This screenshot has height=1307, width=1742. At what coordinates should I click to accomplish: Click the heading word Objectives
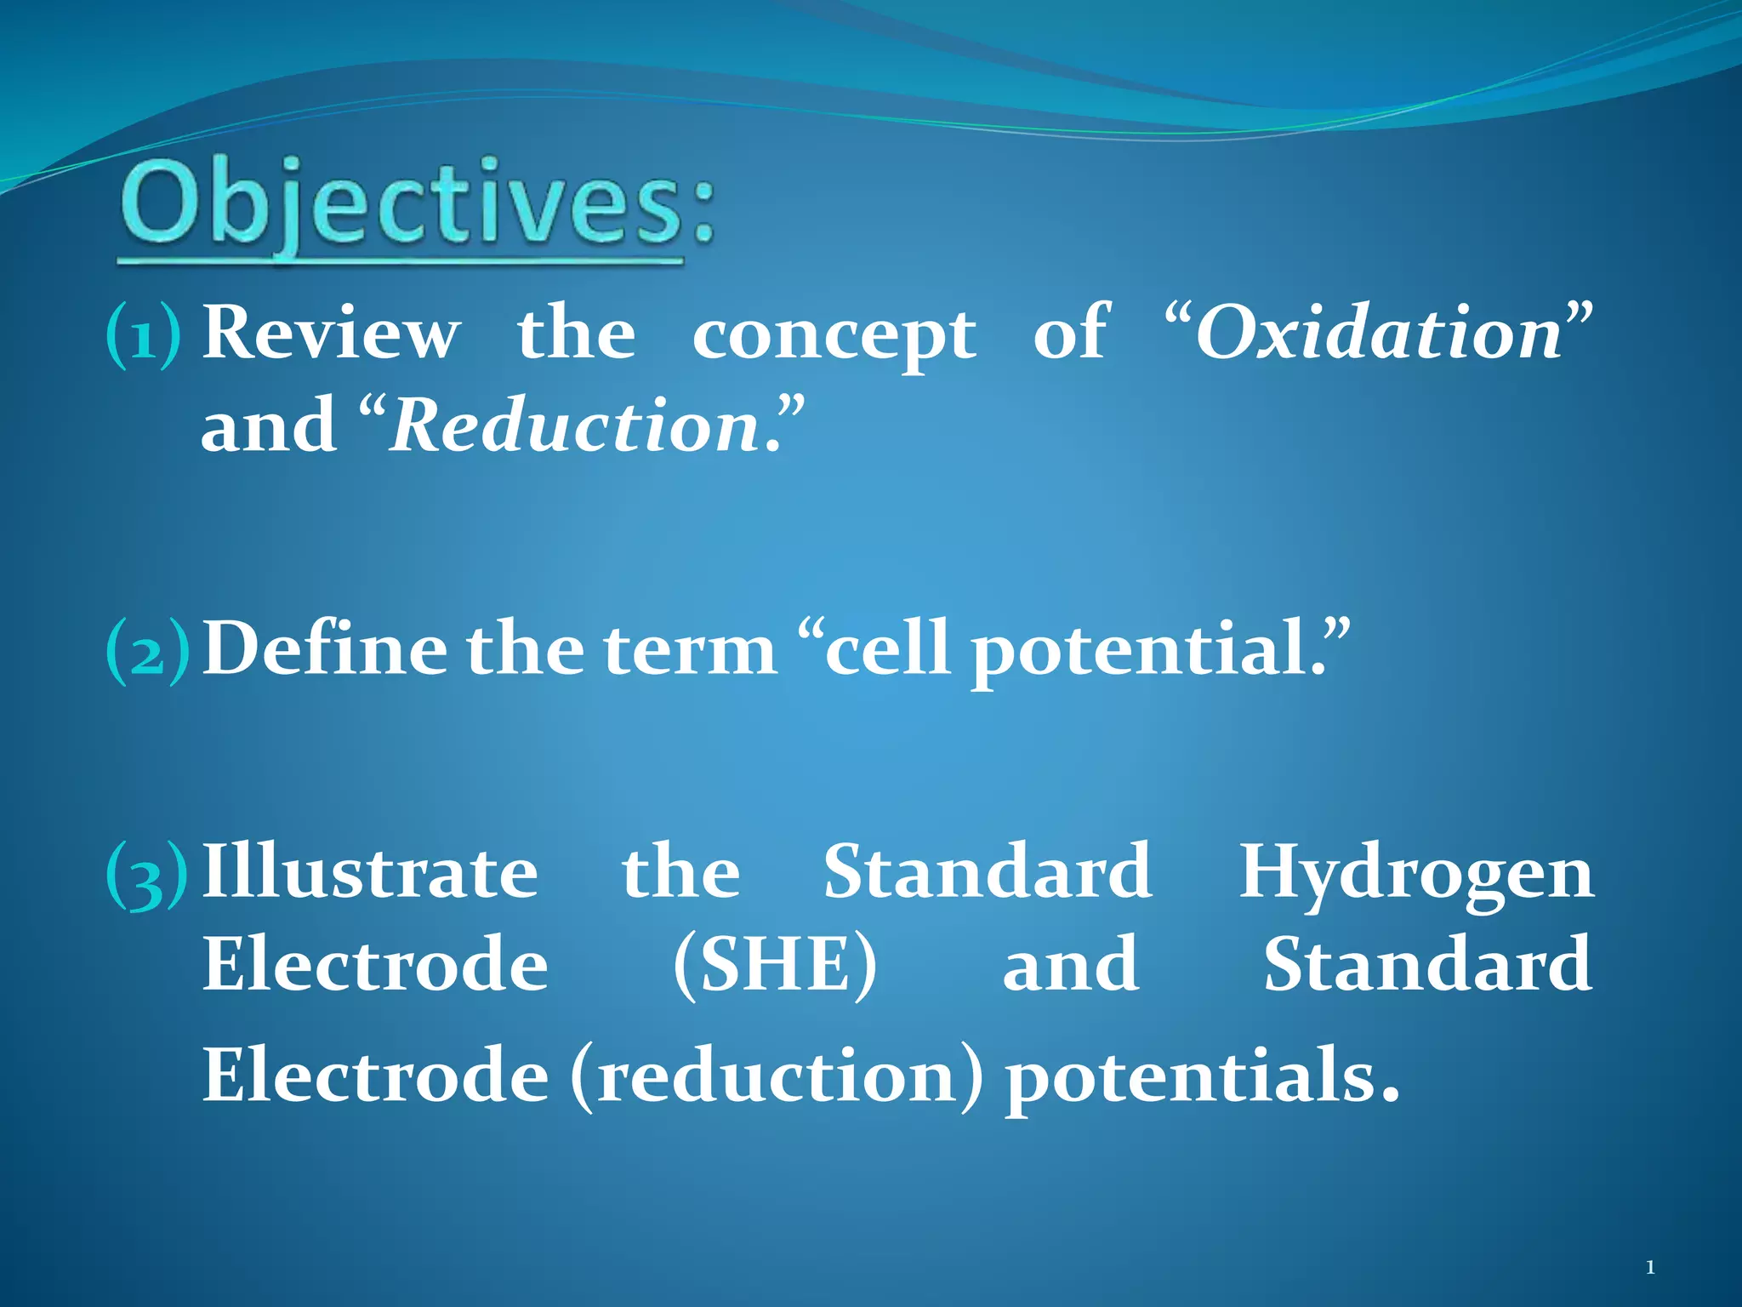[x=417, y=207]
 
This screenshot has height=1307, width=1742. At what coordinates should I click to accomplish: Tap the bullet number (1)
[x=143, y=336]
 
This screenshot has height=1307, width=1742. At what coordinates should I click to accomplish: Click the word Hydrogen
[x=1415, y=875]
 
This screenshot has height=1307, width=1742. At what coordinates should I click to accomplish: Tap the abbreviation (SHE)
[x=774, y=965]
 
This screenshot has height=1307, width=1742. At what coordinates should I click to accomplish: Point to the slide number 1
[x=1650, y=1268]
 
